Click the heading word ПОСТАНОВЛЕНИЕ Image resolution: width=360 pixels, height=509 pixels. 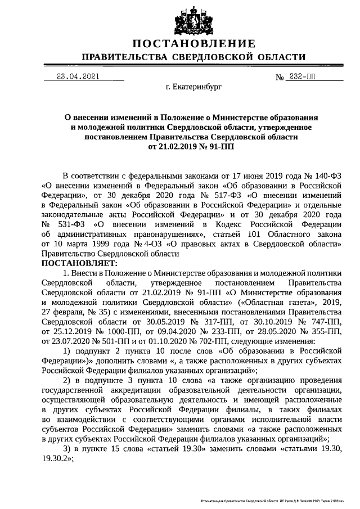(x=194, y=44)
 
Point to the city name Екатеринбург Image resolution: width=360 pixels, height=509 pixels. (x=194, y=88)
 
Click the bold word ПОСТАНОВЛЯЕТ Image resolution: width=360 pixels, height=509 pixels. (x=79, y=263)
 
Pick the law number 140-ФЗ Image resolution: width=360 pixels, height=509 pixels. (x=328, y=175)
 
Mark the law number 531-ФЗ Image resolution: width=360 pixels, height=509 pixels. (x=64, y=224)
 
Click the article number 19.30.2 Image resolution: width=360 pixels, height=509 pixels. (x=56, y=458)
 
